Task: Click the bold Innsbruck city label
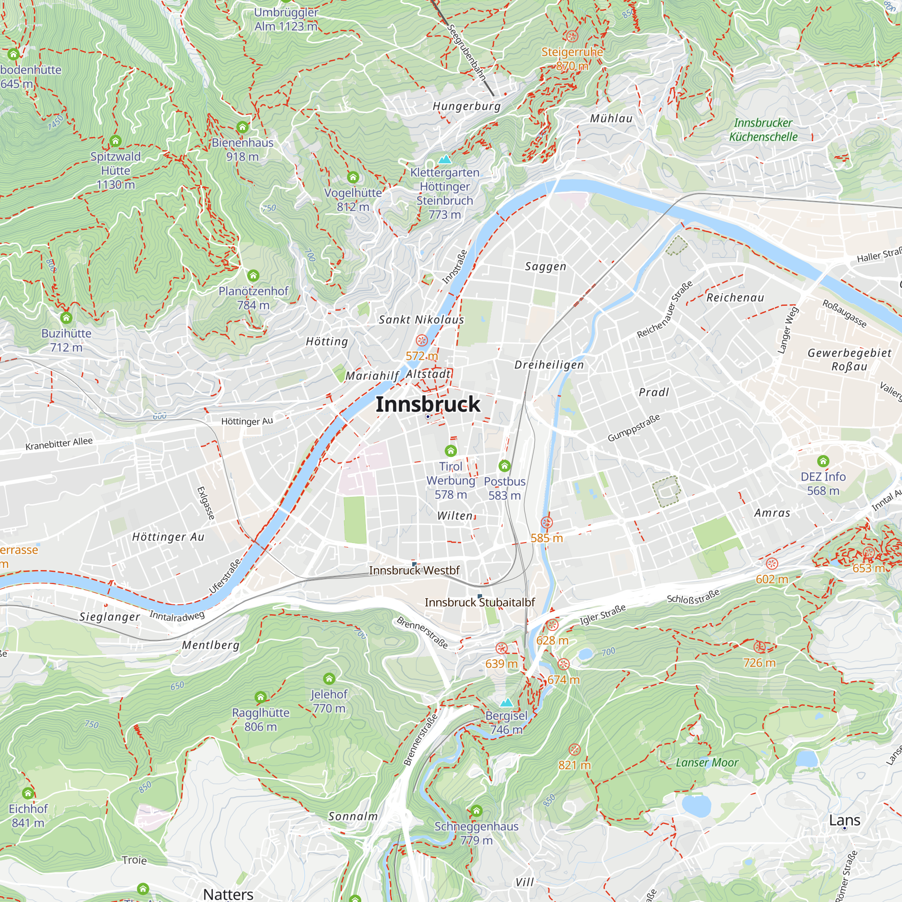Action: pos(428,404)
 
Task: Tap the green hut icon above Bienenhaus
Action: pos(242,127)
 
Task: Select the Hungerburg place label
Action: pos(466,106)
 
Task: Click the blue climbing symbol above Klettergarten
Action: pos(445,159)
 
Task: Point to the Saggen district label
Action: pos(545,267)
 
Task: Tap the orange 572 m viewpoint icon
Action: pos(422,340)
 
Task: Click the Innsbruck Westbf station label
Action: pos(414,571)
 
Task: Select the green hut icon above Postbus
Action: pos(504,465)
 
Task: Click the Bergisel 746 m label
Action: pos(506,722)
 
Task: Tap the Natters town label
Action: pos(228,893)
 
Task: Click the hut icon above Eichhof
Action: pos(28,793)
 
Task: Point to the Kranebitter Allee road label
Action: pos(59,443)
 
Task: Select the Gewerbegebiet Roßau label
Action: pos(849,359)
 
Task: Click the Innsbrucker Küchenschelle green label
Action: pos(764,130)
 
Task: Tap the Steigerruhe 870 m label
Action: pos(572,59)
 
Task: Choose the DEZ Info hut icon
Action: pos(823,461)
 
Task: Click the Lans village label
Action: pos(844,820)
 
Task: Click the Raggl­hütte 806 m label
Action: pos(261,719)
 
